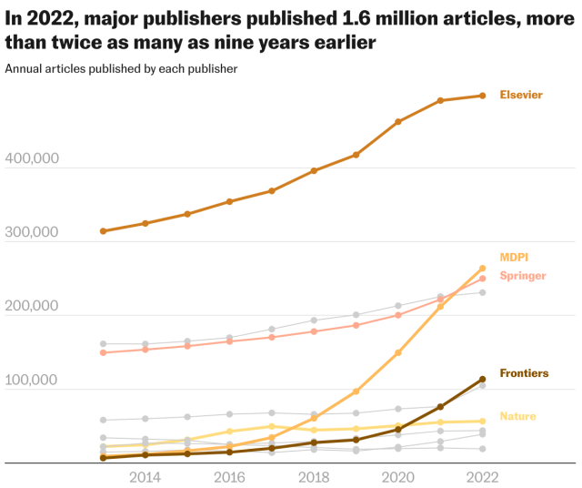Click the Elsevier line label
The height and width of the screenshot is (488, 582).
tap(521, 95)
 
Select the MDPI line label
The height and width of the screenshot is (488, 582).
tap(513, 258)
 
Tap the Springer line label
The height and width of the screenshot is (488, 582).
tap(523, 276)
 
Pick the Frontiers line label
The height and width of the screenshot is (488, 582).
tap(524, 373)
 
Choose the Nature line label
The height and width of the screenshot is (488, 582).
tap(517, 416)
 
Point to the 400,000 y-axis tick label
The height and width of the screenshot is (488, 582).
tap(33, 158)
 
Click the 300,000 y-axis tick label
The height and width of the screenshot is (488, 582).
tap(33, 232)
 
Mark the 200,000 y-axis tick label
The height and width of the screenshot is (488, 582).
tap(33, 306)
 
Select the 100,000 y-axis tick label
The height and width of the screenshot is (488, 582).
tap(33, 380)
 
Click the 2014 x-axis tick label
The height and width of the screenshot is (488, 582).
tap(145, 477)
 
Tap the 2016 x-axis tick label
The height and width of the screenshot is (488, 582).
tap(229, 477)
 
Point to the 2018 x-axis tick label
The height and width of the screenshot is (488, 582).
tap(314, 477)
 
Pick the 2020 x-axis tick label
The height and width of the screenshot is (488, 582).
tap(398, 477)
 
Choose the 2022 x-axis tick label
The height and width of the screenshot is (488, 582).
tap(482, 477)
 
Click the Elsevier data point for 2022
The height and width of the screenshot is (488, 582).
tap(482, 96)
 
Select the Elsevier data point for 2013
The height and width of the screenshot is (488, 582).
tap(104, 231)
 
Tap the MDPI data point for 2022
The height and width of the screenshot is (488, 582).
tap(482, 269)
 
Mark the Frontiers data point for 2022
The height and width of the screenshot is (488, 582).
tap(482, 379)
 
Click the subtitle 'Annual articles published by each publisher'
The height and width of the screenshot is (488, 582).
tap(121, 68)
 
